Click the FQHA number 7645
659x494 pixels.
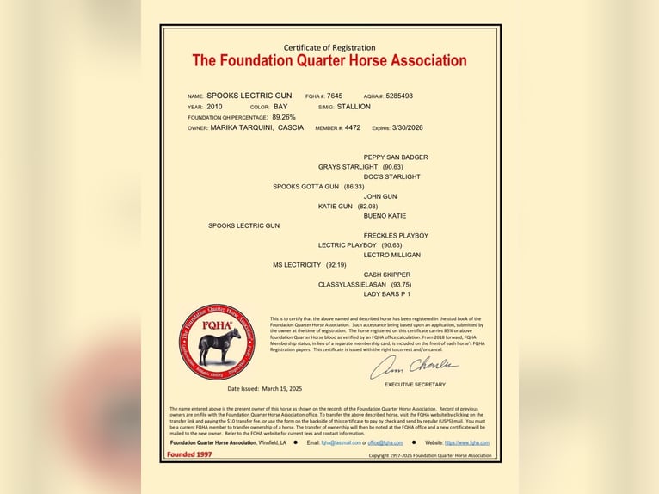click(335, 96)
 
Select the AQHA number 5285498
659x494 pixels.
click(399, 96)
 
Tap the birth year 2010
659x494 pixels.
click(214, 107)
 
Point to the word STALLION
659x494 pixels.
click(354, 107)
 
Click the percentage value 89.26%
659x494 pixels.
click(284, 117)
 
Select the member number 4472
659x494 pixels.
click(353, 127)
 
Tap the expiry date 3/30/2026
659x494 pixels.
click(407, 127)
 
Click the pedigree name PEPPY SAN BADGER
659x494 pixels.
click(395, 157)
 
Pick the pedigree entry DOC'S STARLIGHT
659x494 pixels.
click(391, 176)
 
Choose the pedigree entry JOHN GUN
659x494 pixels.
click(380, 196)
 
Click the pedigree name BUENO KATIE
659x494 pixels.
click(385, 216)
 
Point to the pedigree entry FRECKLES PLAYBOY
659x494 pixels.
click(396, 236)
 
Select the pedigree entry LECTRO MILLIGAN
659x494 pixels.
click(392, 255)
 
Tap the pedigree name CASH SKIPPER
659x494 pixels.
click(386, 275)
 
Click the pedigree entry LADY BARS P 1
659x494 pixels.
click(387, 294)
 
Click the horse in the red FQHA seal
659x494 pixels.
click(219, 345)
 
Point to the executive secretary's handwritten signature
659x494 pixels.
click(414, 367)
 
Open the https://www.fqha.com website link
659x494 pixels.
click(466, 442)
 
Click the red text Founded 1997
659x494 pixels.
click(189, 454)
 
